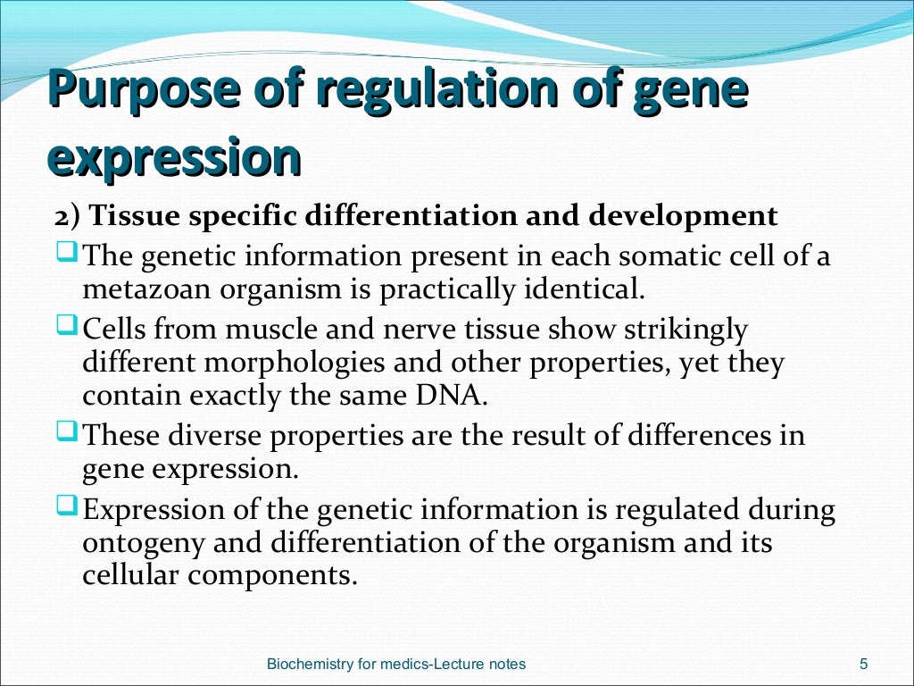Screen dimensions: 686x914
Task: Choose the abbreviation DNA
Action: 455,396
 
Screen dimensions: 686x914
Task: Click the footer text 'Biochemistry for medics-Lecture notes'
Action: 397,664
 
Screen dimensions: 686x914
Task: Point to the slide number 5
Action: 863,664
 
